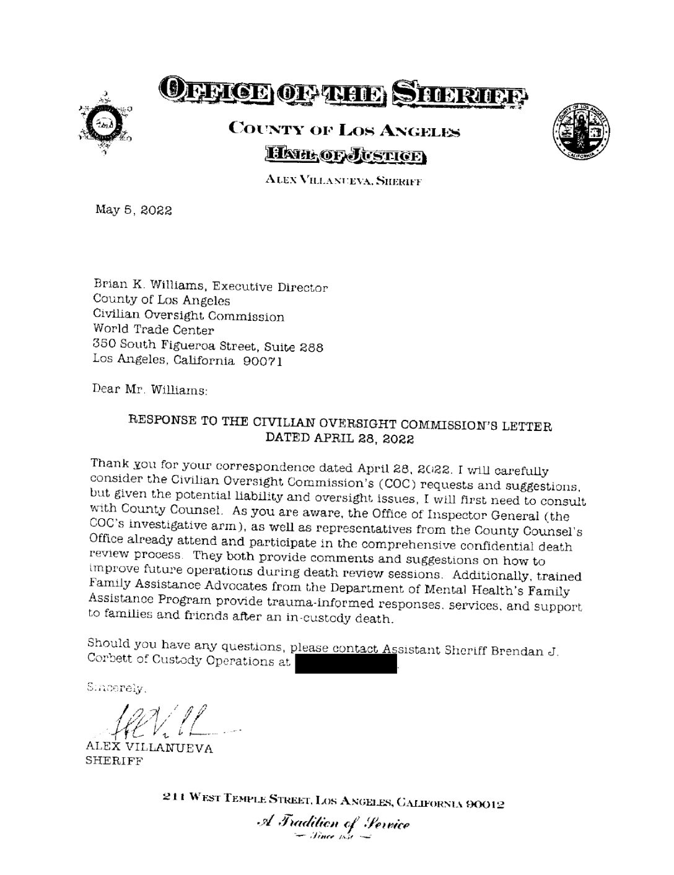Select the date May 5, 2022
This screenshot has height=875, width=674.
133,209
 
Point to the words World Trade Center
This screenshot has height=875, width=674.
153,330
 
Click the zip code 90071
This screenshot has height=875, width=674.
263,360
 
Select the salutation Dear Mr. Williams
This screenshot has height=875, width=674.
150,390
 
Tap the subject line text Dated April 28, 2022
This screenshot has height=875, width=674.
339,439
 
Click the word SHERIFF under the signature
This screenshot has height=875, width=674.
114,762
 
